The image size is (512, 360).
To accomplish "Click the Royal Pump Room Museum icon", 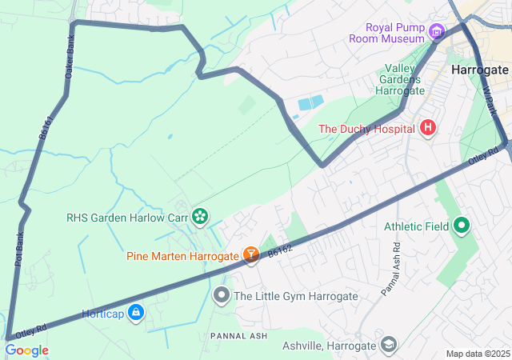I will [x=436, y=32].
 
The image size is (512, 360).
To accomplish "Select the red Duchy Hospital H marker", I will [x=428, y=128].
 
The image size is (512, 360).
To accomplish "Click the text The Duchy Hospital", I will [x=366, y=129].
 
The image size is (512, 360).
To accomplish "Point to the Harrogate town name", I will [x=480, y=70].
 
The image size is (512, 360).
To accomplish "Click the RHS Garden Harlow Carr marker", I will [x=199, y=216].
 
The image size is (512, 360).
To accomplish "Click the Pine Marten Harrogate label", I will [x=182, y=256].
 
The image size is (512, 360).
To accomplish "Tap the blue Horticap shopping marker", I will [x=136, y=313].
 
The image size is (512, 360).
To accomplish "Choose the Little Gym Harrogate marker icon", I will [x=222, y=296].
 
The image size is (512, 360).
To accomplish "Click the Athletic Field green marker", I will [x=461, y=226].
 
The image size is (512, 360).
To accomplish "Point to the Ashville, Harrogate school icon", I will [x=388, y=345].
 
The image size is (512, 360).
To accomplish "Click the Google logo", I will [x=26, y=350].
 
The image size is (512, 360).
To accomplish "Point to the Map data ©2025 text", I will [x=477, y=354].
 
